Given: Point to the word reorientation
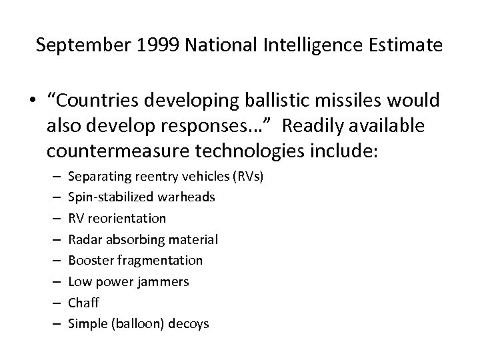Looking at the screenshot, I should click(x=126, y=218).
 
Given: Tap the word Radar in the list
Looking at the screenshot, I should click(x=85, y=239).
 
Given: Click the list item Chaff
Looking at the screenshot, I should click(x=84, y=302).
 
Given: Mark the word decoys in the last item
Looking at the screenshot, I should click(x=189, y=323).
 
